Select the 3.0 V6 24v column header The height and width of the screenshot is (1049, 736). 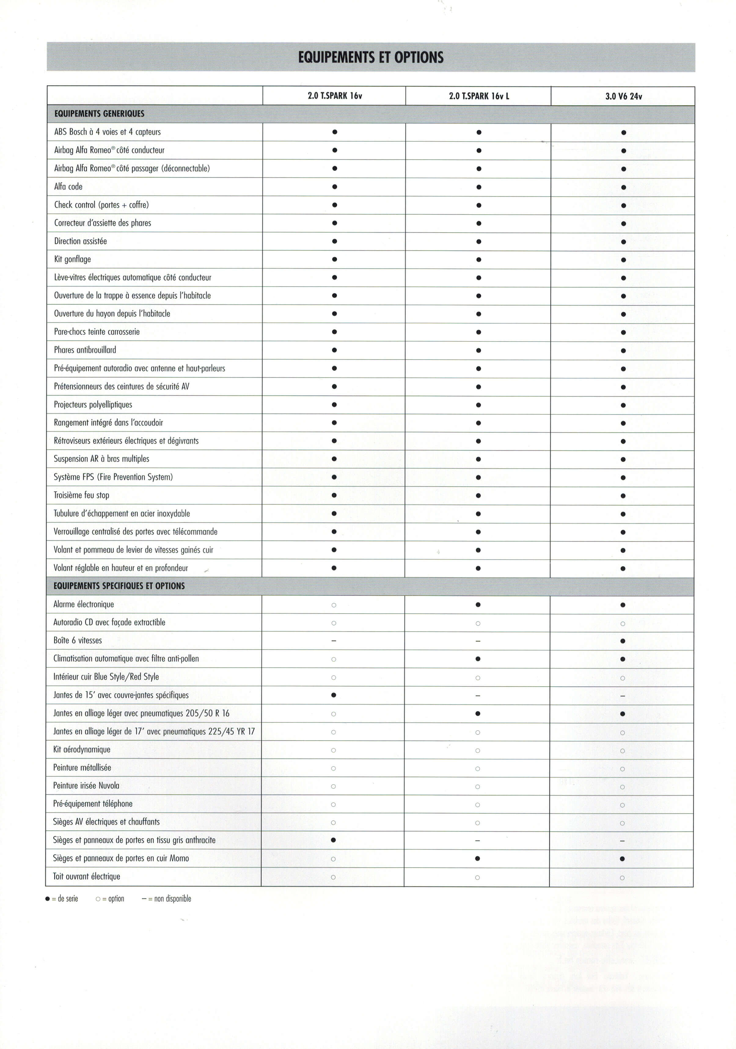(x=623, y=96)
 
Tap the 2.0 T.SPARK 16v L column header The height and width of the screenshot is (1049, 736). (x=479, y=96)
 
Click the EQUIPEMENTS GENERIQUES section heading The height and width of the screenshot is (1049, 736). (x=99, y=114)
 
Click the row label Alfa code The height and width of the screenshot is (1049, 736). (x=68, y=187)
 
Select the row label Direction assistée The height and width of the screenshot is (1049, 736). (x=80, y=241)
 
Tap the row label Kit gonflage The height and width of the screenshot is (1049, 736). (x=72, y=260)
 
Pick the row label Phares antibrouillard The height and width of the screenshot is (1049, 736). (x=85, y=350)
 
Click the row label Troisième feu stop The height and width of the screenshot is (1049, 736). (x=81, y=495)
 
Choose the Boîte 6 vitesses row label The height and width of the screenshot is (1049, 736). (x=77, y=641)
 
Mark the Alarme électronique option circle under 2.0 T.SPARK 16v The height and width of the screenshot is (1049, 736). (x=334, y=605)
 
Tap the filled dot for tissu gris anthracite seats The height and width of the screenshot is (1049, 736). (x=333, y=840)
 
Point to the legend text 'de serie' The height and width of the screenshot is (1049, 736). (x=68, y=899)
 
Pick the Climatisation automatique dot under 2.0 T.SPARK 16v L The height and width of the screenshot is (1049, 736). (x=478, y=659)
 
